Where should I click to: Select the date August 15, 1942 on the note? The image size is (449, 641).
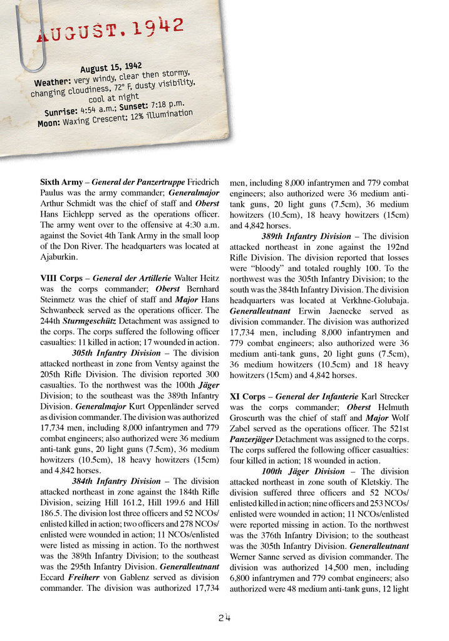(111, 67)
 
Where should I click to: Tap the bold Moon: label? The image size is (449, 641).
(49, 123)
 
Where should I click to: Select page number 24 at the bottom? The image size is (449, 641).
(225, 618)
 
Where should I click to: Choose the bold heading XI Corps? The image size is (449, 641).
(247, 396)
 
